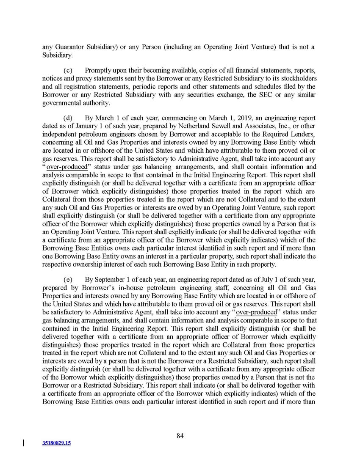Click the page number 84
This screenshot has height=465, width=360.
click(180, 436)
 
